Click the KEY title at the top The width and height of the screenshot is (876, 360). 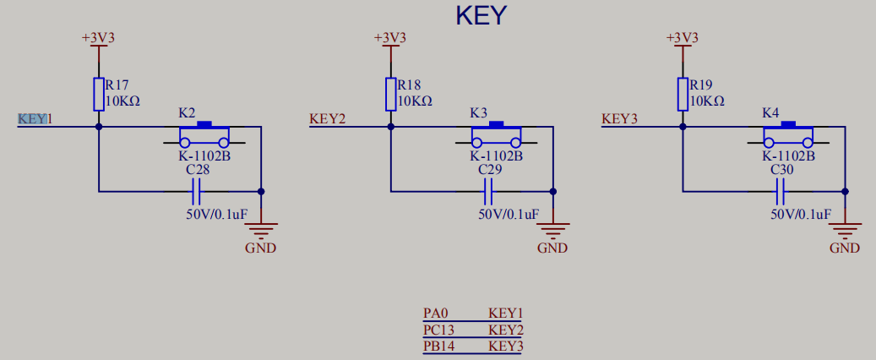coord(481,15)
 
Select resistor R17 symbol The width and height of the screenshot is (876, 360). coord(99,94)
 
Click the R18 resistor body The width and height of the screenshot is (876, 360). coord(390,94)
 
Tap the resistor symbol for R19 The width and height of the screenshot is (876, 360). coord(683,94)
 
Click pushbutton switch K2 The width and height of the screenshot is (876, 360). coord(204,135)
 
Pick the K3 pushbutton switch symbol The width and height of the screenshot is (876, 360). coord(496,135)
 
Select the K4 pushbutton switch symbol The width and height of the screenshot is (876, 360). coord(788,135)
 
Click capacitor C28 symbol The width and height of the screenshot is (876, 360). coord(198,192)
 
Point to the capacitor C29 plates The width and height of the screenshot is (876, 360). coord(489,192)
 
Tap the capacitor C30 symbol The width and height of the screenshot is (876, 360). coord(781,192)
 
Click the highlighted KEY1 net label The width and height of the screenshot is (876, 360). coord(35,119)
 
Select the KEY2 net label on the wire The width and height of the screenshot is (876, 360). coord(328,119)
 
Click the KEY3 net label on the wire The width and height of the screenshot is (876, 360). coord(619,119)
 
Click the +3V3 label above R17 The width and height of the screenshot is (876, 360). coord(98,38)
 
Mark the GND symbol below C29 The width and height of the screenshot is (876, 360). coord(552,229)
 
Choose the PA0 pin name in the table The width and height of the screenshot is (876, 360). coord(436,314)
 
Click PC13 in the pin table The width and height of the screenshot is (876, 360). coord(439,330)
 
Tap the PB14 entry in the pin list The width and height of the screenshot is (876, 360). coord(439,346)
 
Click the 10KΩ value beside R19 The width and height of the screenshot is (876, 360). coord(707,101)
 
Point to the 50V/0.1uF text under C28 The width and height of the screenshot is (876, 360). coord(216,214)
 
